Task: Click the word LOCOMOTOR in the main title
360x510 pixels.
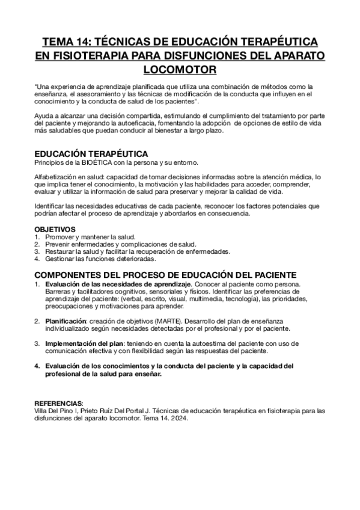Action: (180, 70)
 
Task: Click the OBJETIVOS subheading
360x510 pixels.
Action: (55, 229)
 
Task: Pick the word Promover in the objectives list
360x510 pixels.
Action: (61, 236)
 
